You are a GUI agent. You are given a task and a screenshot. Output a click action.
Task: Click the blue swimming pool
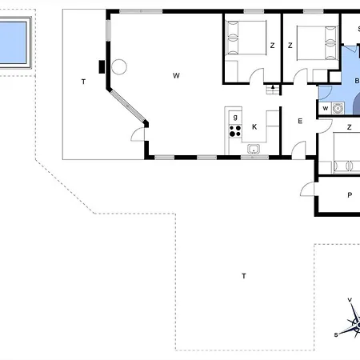[14, 41]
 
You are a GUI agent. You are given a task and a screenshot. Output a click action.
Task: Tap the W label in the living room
[176, 76]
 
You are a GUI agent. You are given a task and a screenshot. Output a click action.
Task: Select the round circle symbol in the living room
[120, 67]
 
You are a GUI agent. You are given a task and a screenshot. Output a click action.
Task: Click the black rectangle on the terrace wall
[102, 66]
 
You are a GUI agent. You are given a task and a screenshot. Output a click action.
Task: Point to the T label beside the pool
[82, 82]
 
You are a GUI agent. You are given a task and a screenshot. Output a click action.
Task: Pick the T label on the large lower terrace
[243, 275]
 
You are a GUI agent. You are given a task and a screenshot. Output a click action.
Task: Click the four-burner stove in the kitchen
[235, 130]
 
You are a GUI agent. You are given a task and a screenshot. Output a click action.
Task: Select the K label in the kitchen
[254, 127]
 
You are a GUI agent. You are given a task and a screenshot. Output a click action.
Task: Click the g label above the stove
[235, 117]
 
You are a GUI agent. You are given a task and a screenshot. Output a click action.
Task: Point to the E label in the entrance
[300, 121]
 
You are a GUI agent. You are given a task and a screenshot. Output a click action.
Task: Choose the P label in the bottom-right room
[350, 195]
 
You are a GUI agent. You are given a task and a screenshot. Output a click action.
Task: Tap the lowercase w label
[326, 108]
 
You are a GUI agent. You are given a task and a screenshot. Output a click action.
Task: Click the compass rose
[351, 323]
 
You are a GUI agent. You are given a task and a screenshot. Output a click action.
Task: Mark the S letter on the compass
[336, 336]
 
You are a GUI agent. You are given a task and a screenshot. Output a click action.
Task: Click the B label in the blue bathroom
[356, 80]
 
